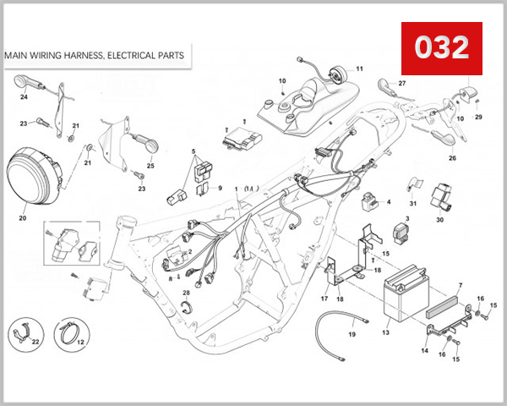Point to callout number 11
358,69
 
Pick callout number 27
402,84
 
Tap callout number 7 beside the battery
460,287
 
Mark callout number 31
413,203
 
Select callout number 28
187,293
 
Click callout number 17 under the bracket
324,299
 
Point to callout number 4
389,202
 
